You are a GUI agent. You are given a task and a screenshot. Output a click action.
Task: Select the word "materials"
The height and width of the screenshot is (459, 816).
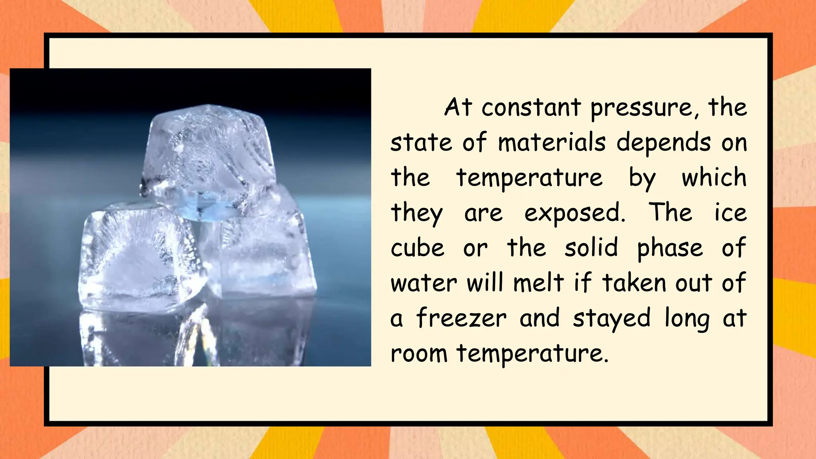pos(552,142)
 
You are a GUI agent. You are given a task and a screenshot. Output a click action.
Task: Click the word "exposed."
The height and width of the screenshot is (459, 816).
pos(575,214)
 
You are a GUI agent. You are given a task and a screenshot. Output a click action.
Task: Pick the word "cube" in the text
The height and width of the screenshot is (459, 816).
pos(417,248)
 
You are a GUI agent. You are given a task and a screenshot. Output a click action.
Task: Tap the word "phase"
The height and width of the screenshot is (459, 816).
pos(670,249)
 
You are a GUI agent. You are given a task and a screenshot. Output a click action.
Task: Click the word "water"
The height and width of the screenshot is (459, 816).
pos(424,283)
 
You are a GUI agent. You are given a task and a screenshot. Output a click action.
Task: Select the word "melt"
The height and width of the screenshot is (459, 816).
pos(538,282)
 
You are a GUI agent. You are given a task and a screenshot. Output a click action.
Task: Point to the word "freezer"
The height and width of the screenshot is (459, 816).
pos(461,318)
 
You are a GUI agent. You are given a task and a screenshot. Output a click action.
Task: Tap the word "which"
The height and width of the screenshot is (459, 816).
pos(714,177)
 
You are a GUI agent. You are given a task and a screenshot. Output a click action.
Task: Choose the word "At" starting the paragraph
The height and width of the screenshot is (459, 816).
pos(458,108)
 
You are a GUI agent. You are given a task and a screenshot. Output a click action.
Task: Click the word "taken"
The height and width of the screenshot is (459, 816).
pos(634,283)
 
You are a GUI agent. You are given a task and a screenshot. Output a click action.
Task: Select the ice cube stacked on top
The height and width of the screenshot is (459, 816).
pos(209,159)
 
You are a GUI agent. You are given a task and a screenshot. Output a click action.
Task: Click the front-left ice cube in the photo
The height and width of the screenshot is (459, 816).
pos(139,255)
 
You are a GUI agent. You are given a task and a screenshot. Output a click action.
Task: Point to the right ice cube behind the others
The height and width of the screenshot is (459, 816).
pos(263,247)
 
